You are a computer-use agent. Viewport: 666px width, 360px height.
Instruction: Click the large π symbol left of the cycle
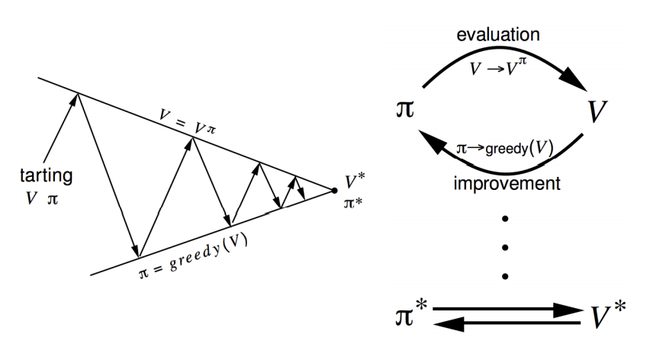pos(406,108)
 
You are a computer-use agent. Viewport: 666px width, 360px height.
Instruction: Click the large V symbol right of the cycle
pos(597,111)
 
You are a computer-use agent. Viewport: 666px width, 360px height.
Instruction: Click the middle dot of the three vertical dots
pos(504,247)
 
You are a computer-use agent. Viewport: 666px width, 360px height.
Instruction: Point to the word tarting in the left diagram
pos(47,176)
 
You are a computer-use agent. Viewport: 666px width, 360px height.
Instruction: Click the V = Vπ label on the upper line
pos(187,120)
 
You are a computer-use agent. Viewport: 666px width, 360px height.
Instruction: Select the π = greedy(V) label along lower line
pos(195,252)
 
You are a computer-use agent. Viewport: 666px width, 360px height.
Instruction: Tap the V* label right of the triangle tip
pos(352,182)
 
